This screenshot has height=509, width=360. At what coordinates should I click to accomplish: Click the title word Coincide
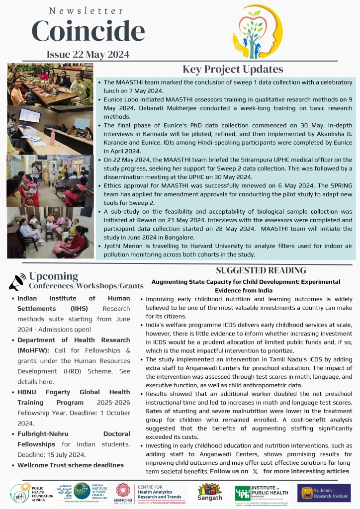[88, 31]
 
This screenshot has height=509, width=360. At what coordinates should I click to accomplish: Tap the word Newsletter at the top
[87, 10]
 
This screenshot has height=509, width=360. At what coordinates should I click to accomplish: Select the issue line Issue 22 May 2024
[88, 54]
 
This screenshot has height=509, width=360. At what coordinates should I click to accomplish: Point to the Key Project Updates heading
[233, 69]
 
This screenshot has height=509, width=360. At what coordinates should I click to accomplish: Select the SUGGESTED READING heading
[261, 270]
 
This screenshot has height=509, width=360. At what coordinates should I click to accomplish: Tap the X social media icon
[255, 471]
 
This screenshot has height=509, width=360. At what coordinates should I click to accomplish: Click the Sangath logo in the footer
[209, 492]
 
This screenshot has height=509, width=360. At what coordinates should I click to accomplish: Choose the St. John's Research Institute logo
[324, 493]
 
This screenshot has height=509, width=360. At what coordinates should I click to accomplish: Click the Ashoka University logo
[123, 493]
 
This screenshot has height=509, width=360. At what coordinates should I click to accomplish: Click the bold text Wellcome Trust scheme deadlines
[70, 465]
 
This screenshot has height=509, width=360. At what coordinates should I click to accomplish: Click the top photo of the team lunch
[50, 84]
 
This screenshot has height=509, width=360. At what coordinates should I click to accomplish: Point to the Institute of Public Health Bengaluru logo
[263, 492]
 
